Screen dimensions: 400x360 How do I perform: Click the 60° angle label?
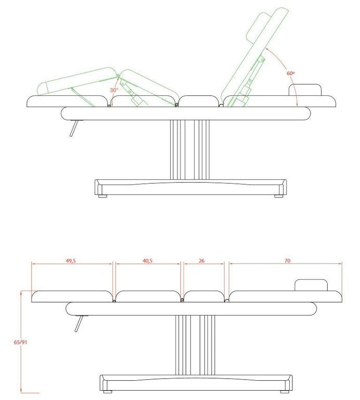[290, 73]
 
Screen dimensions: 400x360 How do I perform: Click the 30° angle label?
[114, 90]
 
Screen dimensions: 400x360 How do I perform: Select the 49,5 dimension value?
[71, 261]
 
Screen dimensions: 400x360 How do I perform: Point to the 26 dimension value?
[202, 261]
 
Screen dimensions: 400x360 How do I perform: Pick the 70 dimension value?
[287, 261]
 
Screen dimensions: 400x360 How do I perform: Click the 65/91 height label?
[20, 342]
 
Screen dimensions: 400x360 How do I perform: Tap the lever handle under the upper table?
[74, 128]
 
